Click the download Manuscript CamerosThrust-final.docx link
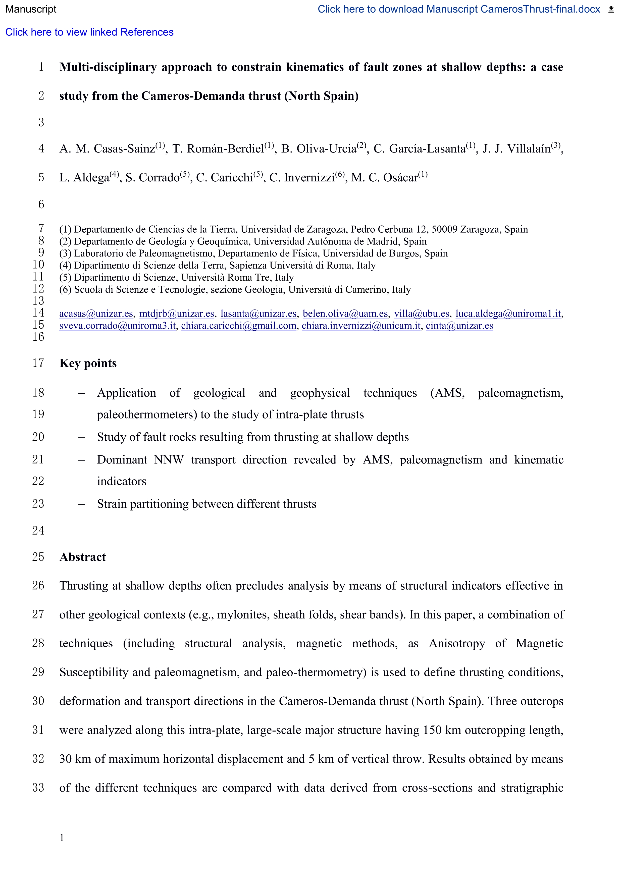(458, 9)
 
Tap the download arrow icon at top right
(611, 10)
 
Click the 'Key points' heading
(88, 363)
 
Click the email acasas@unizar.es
(96, 314)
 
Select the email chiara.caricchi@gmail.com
(239, 326)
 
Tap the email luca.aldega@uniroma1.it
(508, 314)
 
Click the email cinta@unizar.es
(459, 326)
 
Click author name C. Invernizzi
(302, 178)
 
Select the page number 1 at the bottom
(62, 838)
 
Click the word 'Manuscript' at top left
(31, 9)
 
